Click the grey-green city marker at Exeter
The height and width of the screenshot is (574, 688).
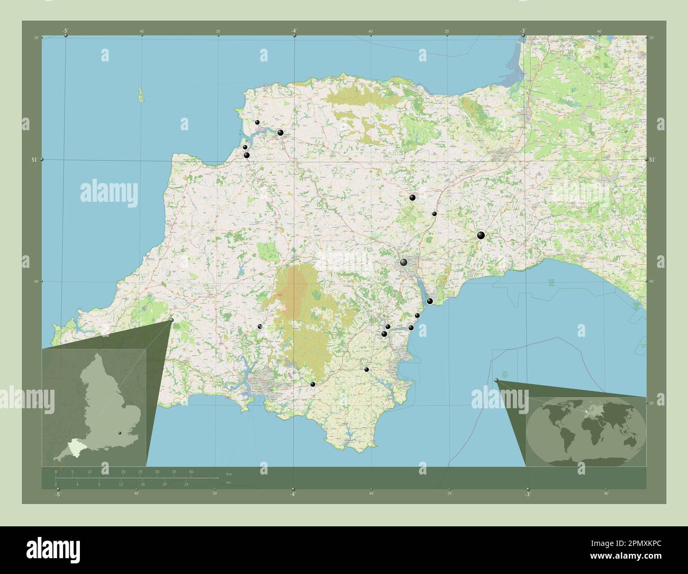(404, 262)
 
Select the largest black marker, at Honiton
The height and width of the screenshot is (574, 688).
(481, 235)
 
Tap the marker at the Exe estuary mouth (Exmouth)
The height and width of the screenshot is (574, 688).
(430, 301)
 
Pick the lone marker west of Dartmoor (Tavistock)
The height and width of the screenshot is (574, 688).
(260, 327)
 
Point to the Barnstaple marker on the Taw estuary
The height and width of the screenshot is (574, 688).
(280, 132)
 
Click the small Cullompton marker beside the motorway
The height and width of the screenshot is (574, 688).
(434, 214)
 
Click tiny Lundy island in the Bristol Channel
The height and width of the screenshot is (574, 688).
(141, 95)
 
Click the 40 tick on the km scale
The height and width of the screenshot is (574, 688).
(191, 471)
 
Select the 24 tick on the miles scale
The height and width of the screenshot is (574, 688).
(186, 484)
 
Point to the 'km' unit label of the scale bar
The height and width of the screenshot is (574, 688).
(229, 473)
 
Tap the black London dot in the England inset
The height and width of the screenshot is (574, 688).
(120, 434)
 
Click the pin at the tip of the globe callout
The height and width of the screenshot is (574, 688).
(496, 381)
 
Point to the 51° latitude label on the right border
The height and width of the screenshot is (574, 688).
(652, 159)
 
